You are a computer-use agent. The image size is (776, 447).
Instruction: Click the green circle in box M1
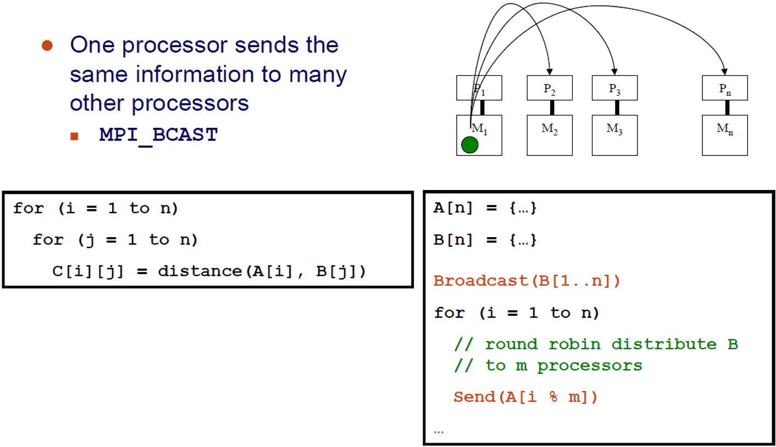tap(470, 145)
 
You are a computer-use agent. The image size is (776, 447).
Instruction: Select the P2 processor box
tap(550, 88)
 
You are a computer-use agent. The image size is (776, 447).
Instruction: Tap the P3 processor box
tap(614, 88)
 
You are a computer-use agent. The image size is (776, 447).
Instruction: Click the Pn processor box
tap(725, 88)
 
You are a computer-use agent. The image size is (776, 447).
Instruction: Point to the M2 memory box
tap(550, 135)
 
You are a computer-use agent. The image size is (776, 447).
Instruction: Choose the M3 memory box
tap(614, 135)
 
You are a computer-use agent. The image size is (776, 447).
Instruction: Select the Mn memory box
tap(725, 135)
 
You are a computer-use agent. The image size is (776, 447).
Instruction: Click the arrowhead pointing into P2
tap(550, 72)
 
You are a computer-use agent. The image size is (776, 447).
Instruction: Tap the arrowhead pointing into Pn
tap(725, 72)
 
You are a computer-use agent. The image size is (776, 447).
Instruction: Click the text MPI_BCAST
tap(158, 135)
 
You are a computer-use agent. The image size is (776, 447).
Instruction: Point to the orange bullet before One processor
tap(47, 46)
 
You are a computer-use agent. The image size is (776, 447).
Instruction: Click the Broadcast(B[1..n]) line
tap(526, 281)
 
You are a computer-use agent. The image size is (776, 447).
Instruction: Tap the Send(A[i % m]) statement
tap(525, 397)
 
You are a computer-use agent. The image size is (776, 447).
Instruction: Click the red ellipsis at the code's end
tap(438, 431)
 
